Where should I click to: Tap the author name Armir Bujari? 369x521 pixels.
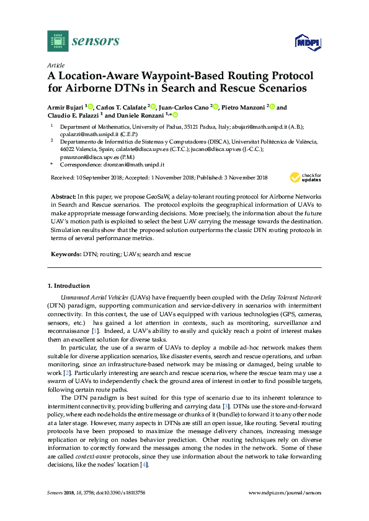66,107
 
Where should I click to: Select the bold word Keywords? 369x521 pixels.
66,254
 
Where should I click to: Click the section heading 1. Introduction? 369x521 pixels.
68,286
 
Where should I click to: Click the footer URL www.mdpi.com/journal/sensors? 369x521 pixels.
285,493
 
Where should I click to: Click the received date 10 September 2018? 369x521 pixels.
97,178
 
